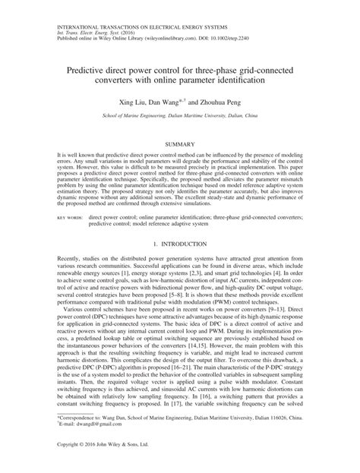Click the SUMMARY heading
coord(179,143)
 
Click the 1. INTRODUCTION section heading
coord(179,244)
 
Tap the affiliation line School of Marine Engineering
coord(179,117)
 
